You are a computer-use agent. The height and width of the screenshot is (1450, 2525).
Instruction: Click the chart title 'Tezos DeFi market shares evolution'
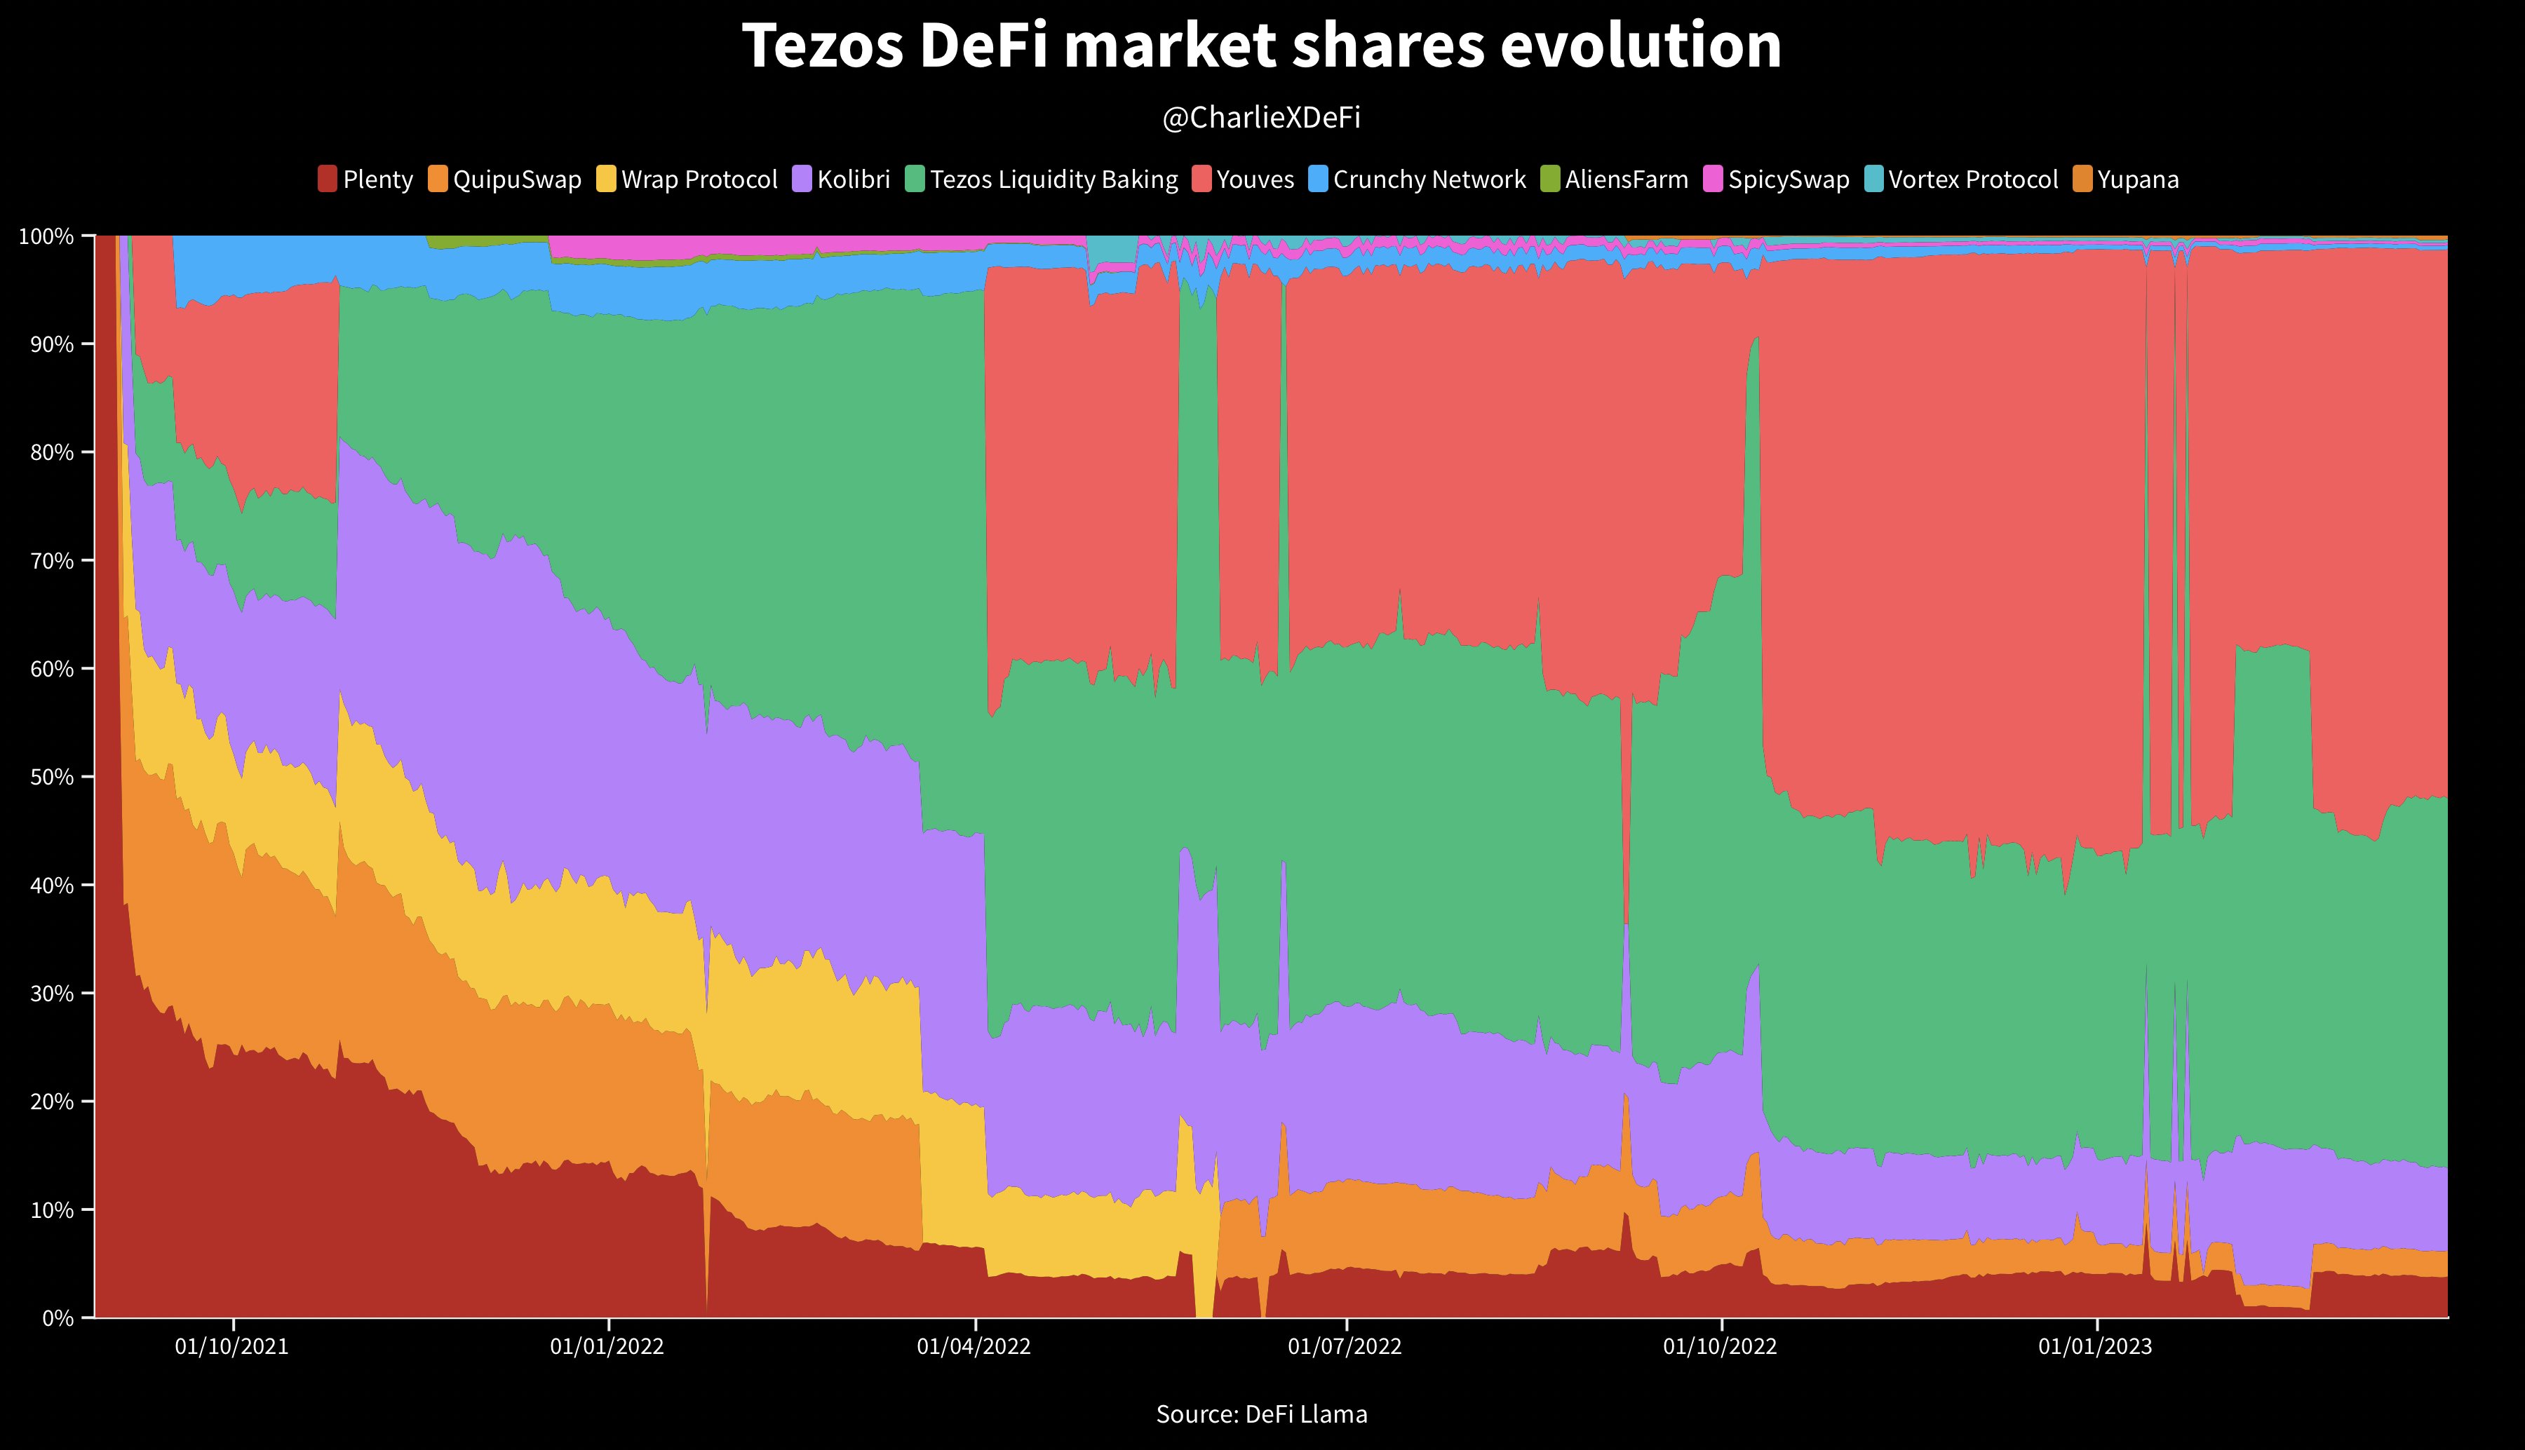click(1261, 46)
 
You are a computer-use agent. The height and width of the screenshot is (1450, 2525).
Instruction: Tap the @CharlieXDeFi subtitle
click(1261, 118)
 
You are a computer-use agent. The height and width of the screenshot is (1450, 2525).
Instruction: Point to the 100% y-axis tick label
click(47, 236)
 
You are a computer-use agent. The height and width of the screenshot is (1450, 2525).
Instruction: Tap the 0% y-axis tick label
click(57, 1317)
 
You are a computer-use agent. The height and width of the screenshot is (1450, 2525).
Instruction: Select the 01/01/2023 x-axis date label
click(2095, 1346)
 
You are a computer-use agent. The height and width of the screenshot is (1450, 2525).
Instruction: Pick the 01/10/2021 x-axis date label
click(232, 1346)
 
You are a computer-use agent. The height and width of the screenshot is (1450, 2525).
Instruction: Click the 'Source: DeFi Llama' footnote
click(1261, 1414)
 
